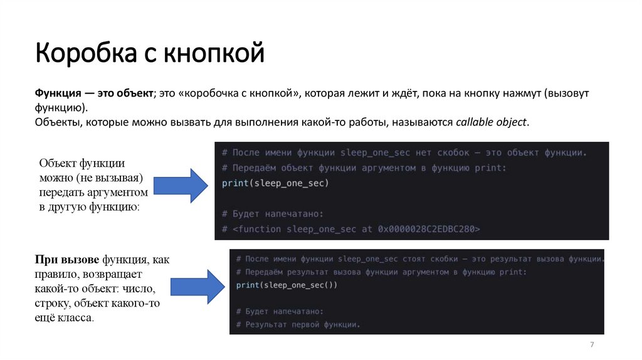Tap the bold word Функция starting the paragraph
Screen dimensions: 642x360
click(56, 93)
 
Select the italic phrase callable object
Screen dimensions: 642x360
click(492, 122)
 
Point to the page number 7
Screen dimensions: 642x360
click(592, 346)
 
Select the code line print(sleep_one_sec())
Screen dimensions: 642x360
click(287, 285)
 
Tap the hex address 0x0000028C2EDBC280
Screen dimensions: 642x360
click(428, 229)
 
